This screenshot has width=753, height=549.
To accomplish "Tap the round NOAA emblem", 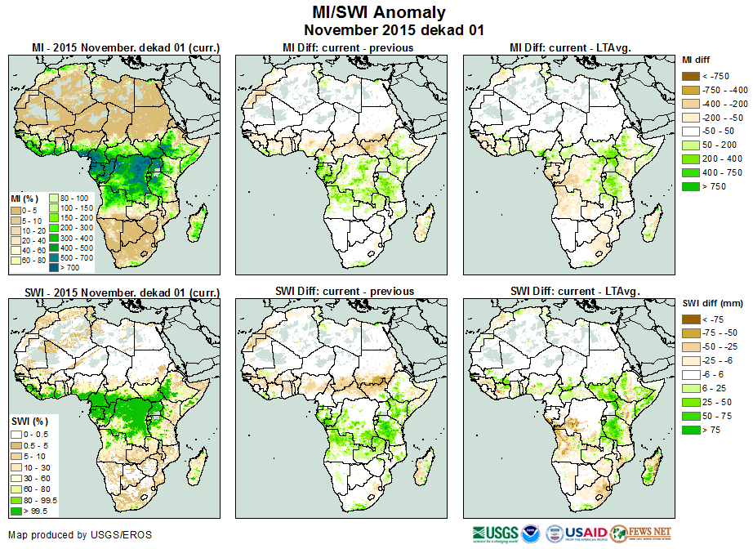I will click(x=532, y=534).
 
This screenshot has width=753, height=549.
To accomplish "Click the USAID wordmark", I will click(x=586, y=534).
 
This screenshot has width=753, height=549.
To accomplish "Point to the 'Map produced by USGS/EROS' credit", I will click(x=80, y=535).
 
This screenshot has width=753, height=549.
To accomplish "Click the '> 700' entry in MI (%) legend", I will click(x=57, y=267).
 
